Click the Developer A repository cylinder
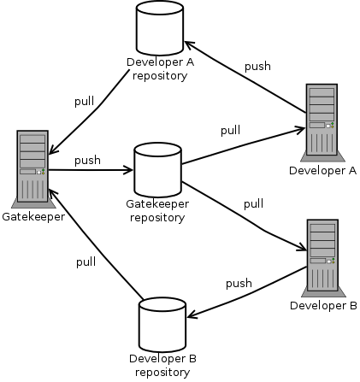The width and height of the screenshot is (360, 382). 160,28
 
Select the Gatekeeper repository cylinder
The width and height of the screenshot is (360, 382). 157,170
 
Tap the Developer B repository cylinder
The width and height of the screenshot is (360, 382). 162,325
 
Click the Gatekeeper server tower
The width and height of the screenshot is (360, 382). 32,168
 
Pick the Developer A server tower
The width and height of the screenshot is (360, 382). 322,122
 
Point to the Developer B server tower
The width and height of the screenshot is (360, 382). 323,258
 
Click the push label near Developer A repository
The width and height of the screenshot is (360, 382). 257,67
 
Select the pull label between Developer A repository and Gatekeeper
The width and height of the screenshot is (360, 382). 85,102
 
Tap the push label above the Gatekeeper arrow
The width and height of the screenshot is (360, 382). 87,161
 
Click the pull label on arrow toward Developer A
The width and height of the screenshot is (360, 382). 231,131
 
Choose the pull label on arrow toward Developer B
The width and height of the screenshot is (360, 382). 253,204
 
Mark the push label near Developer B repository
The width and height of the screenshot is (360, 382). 239,284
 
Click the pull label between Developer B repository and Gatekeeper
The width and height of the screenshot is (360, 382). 86,262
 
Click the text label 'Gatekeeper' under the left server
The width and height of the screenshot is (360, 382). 33,217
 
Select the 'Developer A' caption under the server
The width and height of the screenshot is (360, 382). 322,171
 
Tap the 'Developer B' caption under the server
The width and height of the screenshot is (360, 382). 323,306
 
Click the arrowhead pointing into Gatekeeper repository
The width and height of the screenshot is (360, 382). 128,170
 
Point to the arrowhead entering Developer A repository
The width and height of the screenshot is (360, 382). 190,44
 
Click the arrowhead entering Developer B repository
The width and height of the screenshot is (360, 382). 192,314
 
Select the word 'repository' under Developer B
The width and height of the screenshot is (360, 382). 162,373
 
